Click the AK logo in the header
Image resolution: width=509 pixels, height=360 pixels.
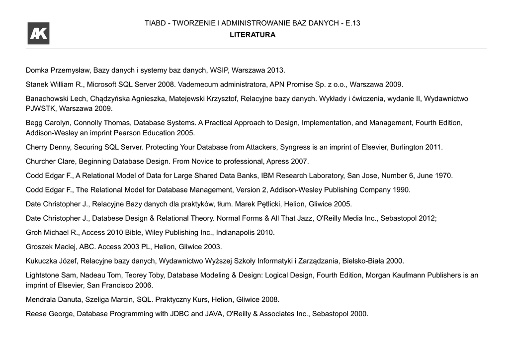tap(38, 34)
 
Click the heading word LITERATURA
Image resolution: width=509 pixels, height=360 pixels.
tap(253, 35)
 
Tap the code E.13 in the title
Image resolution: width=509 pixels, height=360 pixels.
tap(353, 23)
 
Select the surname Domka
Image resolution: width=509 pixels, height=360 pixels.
tap(37, 70)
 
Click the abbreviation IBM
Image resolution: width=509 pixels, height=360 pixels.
tap(267, 176)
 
